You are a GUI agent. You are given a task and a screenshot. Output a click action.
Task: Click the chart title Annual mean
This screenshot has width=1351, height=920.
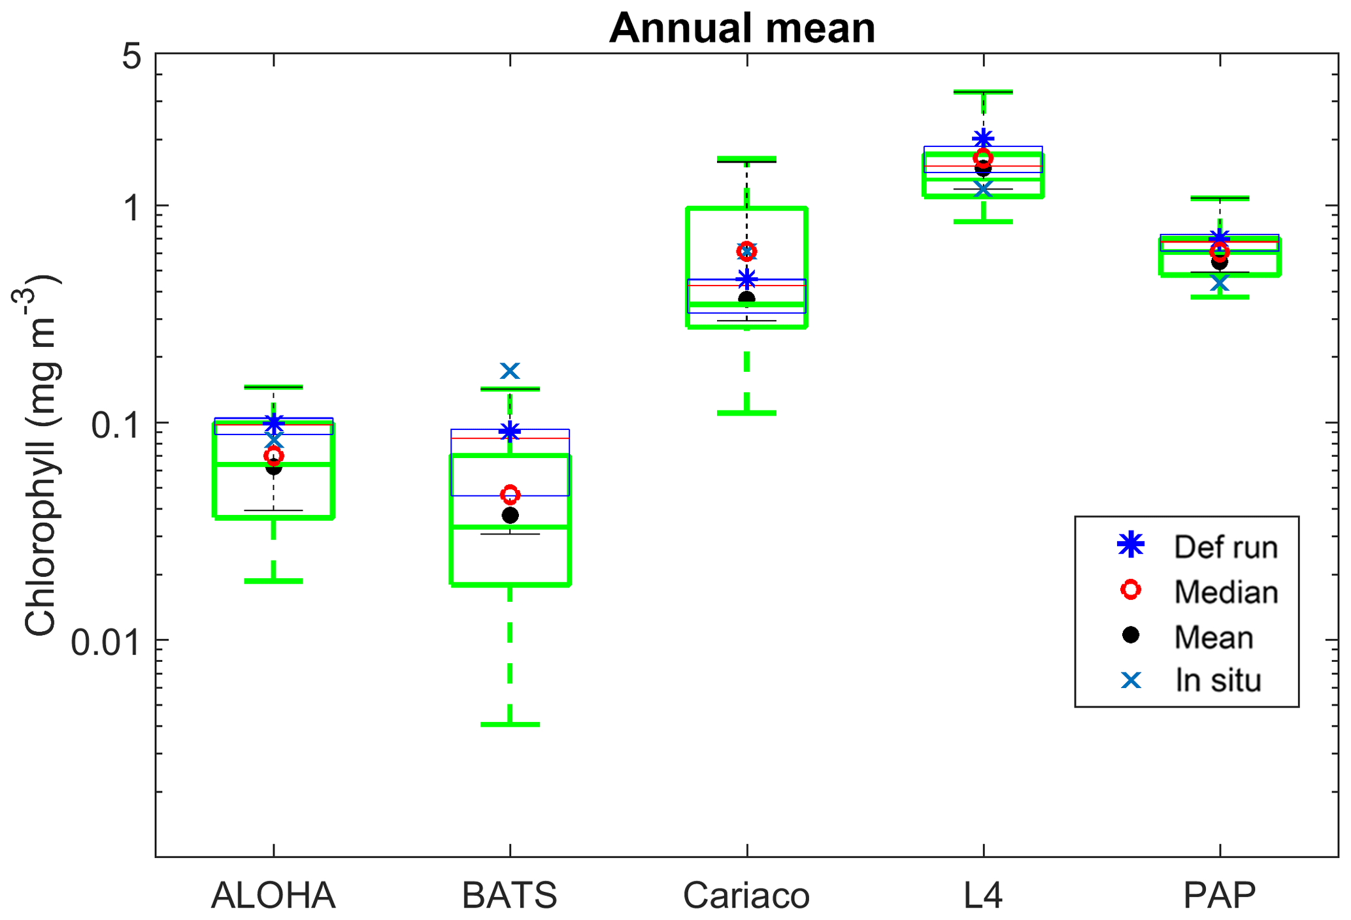(742, 28)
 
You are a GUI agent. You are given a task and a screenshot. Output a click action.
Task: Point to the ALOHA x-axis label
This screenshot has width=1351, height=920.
(273, 895)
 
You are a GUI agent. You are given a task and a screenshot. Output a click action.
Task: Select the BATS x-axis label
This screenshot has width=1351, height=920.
(510, 895)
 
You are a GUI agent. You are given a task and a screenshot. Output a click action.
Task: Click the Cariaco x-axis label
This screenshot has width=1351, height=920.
(746, 895)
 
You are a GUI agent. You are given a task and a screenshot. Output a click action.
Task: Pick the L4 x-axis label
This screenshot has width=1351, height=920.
(983, 895)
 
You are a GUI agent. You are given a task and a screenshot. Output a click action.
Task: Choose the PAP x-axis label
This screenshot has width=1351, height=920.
(1220, 895)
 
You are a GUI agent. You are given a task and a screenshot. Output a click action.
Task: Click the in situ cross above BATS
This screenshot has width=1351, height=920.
(510, 371)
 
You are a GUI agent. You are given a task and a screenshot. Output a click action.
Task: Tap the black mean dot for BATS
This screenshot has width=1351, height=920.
(510, 516)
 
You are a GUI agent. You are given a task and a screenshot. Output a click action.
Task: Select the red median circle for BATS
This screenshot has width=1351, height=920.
(510, 494)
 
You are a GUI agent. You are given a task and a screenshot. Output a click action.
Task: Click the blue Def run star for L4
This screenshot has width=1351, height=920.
(983, 139)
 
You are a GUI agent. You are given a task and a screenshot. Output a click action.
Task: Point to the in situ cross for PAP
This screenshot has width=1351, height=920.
(1220, 283)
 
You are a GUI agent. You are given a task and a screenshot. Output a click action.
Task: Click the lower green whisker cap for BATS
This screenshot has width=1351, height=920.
(510, 725)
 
